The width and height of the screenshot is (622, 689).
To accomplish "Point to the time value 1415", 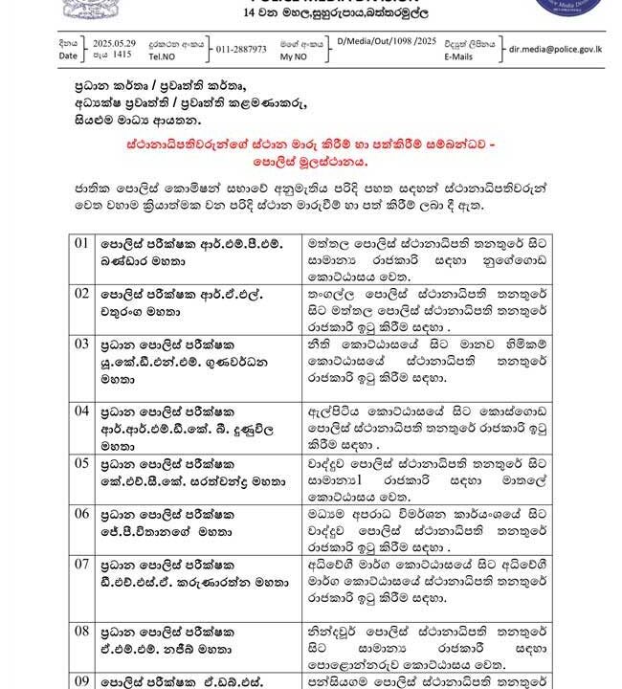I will pyautogui.click(x=122, y=56).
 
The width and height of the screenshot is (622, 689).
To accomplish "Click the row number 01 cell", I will pyautogui.click(x=81, y=243).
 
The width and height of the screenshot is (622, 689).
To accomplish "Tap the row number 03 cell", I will pyautogui.click(x=81, y=343).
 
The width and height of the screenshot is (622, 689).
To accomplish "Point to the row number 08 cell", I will pyautogui.click(x=81, y=631).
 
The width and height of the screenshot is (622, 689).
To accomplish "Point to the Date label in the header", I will pyautogui.click(x=67, y=56).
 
